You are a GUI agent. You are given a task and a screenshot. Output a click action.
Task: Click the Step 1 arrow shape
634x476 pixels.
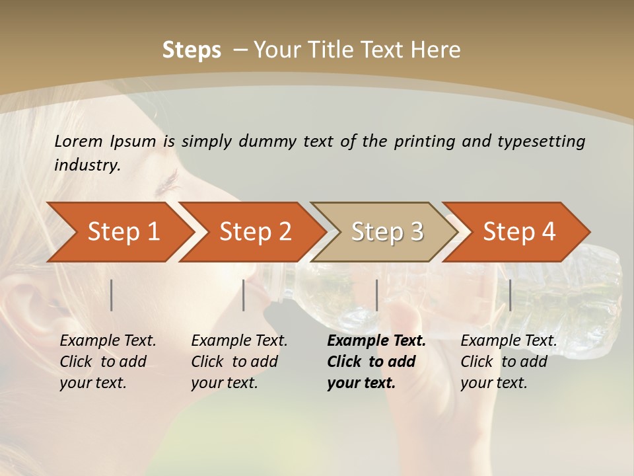(119, 232)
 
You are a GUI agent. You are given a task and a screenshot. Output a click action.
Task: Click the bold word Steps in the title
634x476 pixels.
(192, 50)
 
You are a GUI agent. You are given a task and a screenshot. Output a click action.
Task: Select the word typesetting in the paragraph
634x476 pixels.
(541, 141)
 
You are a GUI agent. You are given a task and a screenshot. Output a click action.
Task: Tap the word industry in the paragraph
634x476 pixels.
(87, 165)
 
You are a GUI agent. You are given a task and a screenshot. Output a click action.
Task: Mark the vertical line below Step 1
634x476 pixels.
(112, 295)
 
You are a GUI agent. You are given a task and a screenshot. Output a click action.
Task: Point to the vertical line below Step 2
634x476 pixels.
(244, 295)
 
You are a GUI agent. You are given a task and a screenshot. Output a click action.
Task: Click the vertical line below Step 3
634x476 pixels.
(376, 295)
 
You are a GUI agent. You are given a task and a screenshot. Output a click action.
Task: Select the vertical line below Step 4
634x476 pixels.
(510, 295)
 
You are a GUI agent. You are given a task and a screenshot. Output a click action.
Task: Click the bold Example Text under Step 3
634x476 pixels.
(376, 341)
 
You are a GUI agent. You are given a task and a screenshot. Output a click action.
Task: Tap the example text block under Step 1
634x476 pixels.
(108, 362)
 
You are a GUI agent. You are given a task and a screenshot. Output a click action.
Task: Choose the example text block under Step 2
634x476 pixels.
(239, 362)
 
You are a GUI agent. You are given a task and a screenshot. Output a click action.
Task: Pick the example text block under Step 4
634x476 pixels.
(509, 362)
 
